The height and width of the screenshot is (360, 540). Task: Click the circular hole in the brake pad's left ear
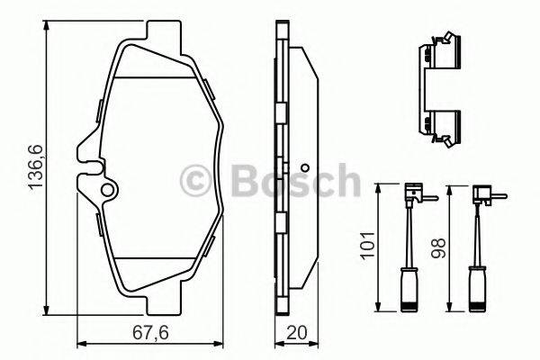pos(107,191)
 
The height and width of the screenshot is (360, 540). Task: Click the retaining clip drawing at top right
pos(440,90)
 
